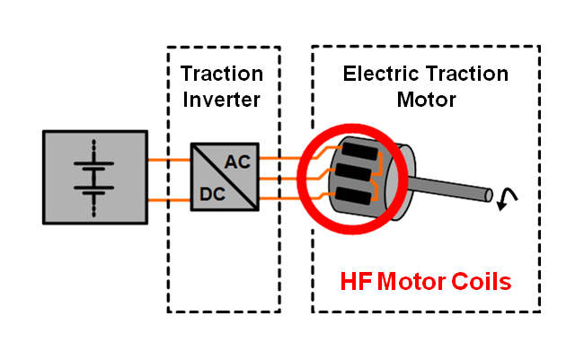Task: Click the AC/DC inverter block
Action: pos(224,177)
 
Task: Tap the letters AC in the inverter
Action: pos(238,162)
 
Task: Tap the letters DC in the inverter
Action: pos(212,192)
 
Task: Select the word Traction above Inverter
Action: pos(222,73)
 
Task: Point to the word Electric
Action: pos(381,73)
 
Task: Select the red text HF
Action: pos(358,282)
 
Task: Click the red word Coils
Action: pos(480,282)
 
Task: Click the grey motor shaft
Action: pos(458,186)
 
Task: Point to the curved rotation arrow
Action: pos(506,199)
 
